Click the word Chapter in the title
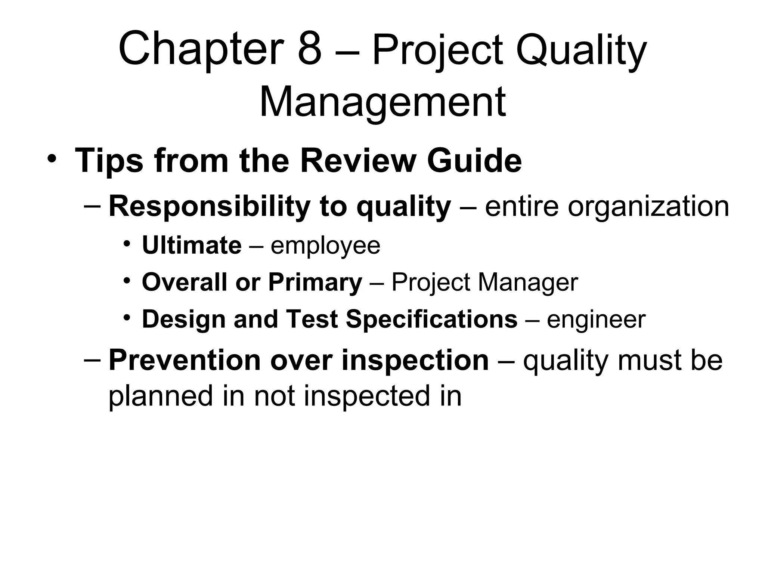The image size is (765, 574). coord(200,50)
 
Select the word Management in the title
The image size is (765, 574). coord(382,102)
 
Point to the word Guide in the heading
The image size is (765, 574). coord(474,161)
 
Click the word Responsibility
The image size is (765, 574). coord(209,207)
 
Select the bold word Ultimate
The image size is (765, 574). coord(192,246)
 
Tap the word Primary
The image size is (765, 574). coord(315,283)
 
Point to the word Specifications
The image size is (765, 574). coord(431,320)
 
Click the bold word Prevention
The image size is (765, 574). coord(184,360)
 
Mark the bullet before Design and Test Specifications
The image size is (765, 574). coord(127,317)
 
